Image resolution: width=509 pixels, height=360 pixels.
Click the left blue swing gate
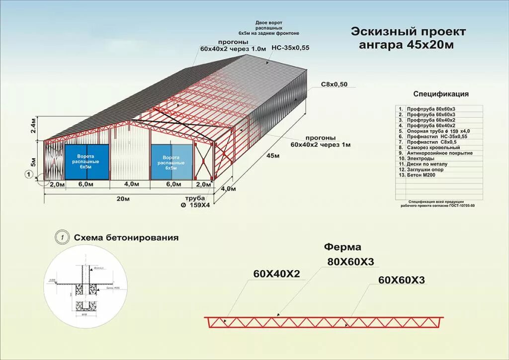pyautogui.click(x=86, y=161)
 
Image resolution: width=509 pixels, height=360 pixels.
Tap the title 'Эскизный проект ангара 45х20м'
pyautogui.click(x=408, y=38)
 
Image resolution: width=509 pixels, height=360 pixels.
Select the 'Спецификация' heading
pyautogui.click(x=440, y=93)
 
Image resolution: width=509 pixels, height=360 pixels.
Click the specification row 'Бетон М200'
pyautogui.click(x=423, y=175)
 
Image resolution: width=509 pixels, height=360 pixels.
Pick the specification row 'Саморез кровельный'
pyautogui.click(x=426, y=148)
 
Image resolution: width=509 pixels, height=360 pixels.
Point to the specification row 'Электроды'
pyautogui.click(x=421, y=159)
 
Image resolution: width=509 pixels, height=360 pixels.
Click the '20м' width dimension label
pyautogui.click(x=123, y=199)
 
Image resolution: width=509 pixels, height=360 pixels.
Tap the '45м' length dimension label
pyautogui.click(x=273, y=156)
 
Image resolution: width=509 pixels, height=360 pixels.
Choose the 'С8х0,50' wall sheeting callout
pyautogui.click(x=334, y=84)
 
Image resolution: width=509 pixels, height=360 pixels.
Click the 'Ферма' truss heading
pyautogui.click(x=342, y=247)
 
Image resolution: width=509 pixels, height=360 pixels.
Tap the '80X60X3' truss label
pyautogui.click(x=350, y=262)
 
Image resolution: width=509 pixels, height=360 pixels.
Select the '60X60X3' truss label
pyautogui.click(x=402, y=280)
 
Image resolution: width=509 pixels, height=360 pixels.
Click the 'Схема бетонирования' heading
pyautogui.click(x=126, y=238)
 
